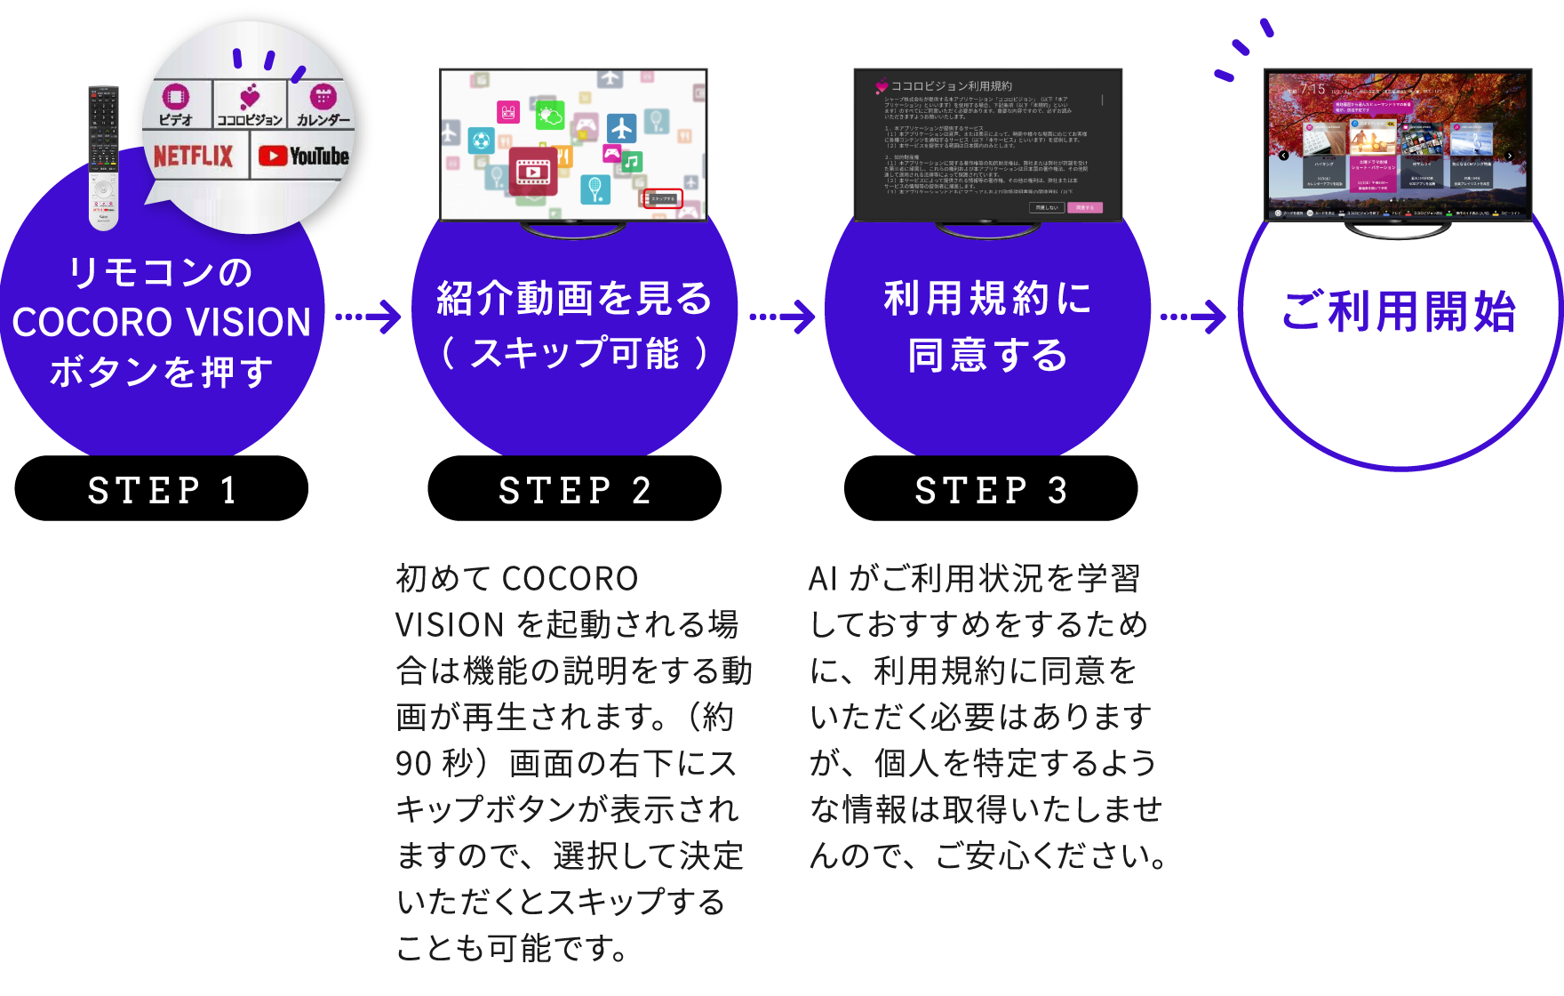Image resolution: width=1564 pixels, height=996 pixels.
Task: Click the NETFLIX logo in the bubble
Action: click(193, 157)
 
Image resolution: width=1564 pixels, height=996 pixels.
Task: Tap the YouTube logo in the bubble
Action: click(303, 157)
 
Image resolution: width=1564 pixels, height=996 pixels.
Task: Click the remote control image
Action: click(103, 157)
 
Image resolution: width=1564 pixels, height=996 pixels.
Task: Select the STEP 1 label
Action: click(163, 490)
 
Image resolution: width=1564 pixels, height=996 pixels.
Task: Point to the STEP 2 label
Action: click(575, 490)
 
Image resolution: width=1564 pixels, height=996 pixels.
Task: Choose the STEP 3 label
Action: click(991, 490)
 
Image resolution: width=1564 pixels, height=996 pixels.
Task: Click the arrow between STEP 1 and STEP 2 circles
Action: click(369, 317)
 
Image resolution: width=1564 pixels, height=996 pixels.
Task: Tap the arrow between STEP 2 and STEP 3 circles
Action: click(783, 317)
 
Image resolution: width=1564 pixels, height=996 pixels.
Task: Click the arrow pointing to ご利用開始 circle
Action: click(1194, 317)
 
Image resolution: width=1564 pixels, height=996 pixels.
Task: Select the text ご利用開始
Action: click(1399, 312)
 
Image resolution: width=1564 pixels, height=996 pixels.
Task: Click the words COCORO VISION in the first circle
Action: click(162, 322)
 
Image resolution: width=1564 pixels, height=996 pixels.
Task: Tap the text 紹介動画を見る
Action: click(574, 298)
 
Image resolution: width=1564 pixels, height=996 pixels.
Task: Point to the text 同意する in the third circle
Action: click(987, 355)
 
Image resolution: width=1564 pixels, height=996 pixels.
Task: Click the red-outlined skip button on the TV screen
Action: click(662, 199)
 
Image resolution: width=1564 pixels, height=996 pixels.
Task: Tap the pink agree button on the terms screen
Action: click(1084, 207)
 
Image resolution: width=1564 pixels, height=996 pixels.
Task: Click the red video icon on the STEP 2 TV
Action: click(532, 170)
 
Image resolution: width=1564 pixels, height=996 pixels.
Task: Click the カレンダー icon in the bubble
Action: click(323, 105)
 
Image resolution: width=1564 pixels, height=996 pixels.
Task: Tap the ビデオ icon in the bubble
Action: click(176, 105)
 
